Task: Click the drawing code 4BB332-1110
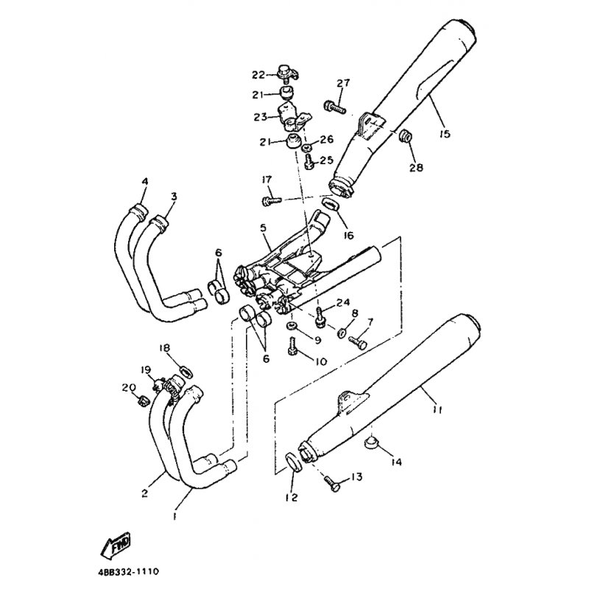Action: (x=128, y=573)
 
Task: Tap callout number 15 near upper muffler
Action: (x=445, y=133)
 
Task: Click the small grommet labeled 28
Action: (x=405, y=137)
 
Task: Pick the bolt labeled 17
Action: (x=271, y=201)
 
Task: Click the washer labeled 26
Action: (x=307, y=147)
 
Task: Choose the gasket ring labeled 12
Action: (x=294, y=462)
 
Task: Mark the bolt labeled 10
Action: (x=292, y=346)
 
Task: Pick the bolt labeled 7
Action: (x=357, y=342)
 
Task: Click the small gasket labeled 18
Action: (x=186, y=372)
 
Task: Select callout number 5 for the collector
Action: (x=263, y=228)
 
